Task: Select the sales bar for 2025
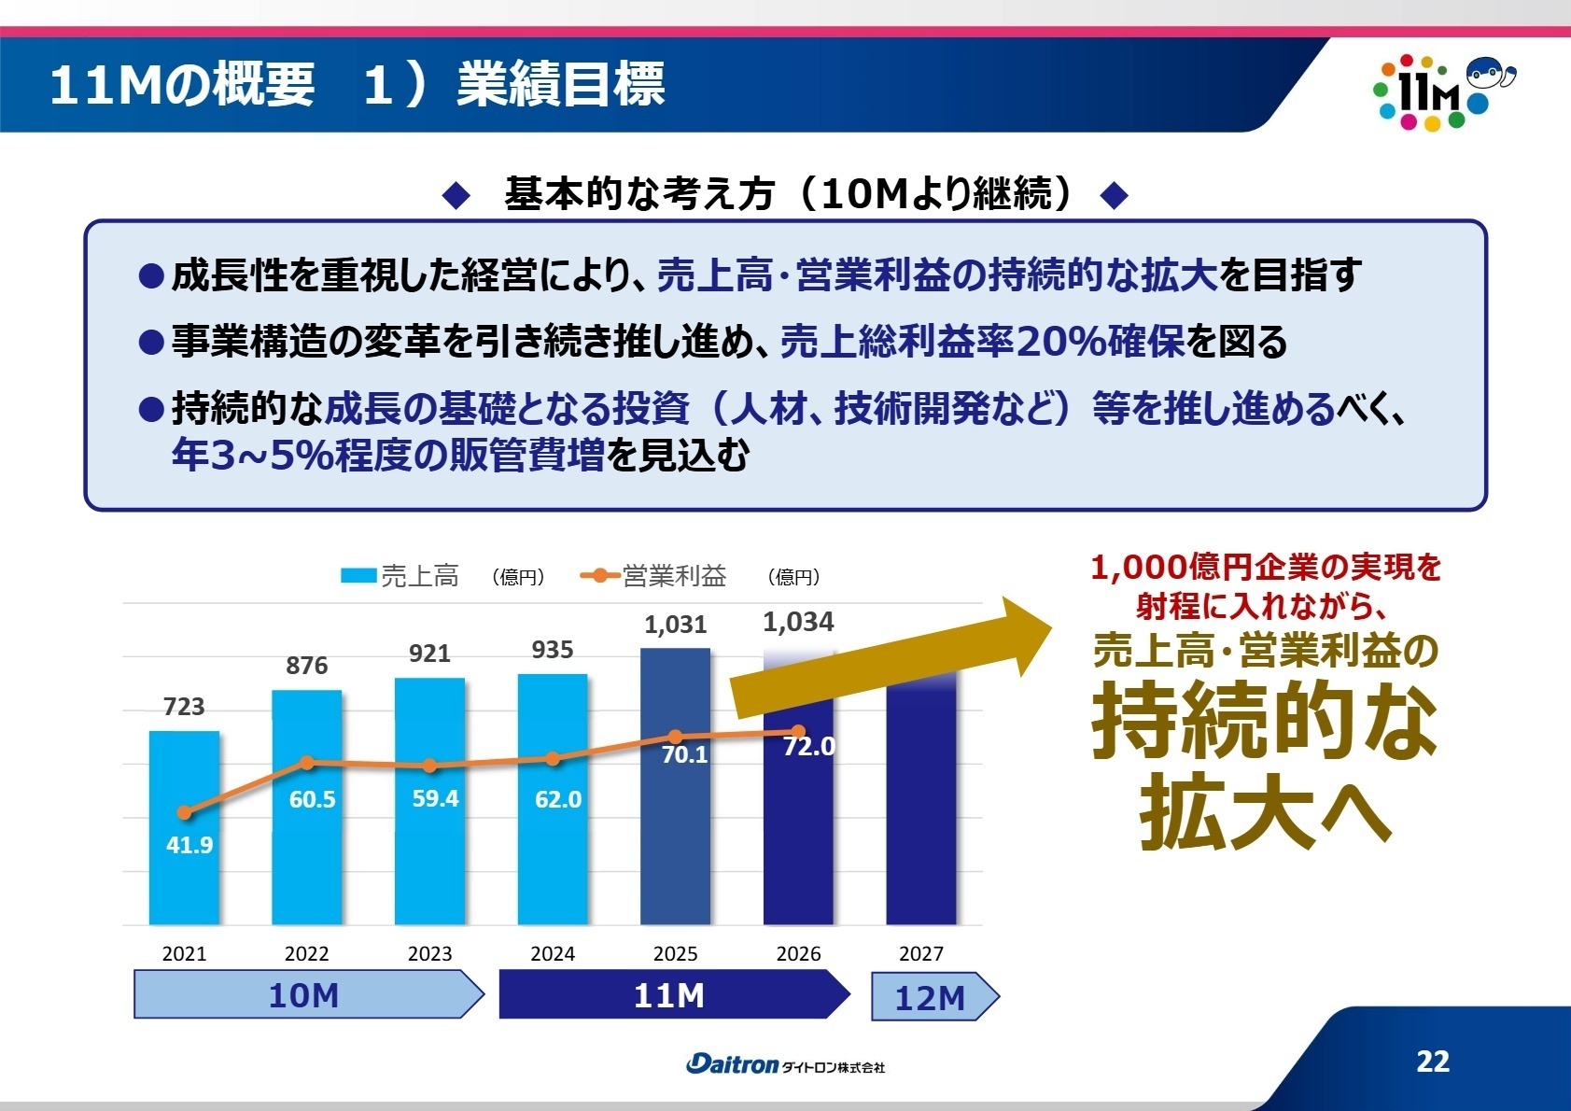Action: click(675, 840)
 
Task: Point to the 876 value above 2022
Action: click(306, 666)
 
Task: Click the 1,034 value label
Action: click(798, 622)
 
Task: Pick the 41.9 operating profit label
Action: click(189, 845)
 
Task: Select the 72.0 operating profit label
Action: click(808, 747)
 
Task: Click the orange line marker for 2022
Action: click(307, 763)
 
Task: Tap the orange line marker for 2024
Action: click(553, 759)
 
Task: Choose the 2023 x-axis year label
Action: click(429, 953)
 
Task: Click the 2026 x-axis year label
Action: click(798, 953)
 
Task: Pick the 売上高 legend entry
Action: click(401, 576)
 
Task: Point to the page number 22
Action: click(1432, 1062)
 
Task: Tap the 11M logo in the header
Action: click(1438, 91)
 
